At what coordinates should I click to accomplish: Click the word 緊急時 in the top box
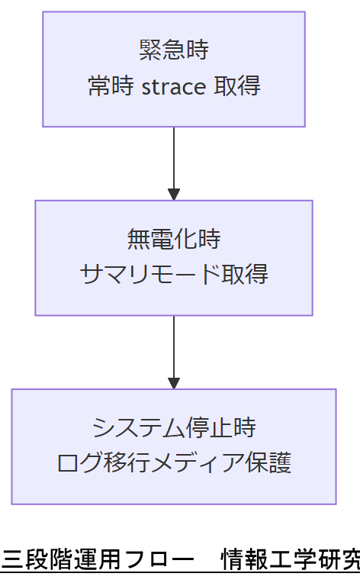pos(174,50)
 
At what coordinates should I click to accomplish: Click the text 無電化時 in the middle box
pos(174,239)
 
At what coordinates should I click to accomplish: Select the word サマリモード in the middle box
pos(149,275)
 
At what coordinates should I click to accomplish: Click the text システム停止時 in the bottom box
pos(174,427)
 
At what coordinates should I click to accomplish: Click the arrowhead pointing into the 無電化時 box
pos(174,194)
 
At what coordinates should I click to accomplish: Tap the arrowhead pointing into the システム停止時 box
pos(174,382)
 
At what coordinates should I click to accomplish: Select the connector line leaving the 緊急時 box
pos(174,156)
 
